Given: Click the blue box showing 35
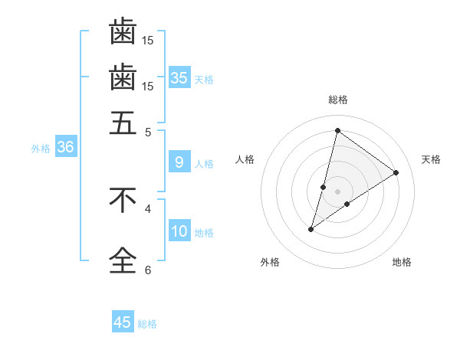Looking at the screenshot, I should point(179,77).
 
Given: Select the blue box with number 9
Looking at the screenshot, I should point(179,162).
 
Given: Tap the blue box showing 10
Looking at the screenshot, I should point(179,231).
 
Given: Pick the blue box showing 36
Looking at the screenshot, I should point(65,148).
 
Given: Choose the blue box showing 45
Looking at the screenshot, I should point(123,322).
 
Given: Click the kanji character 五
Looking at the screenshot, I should point(123,122).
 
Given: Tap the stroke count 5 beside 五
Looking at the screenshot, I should point(149,132).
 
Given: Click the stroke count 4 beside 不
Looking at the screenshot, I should point(148,208).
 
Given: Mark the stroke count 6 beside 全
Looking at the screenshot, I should point(148,269).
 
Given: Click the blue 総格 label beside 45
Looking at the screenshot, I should point(147,324).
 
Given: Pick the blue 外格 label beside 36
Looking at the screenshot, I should point(40,149).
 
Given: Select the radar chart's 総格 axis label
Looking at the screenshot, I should point(338,100).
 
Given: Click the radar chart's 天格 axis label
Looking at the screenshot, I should point(431,159).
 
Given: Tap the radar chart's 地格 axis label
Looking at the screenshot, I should point(402,262).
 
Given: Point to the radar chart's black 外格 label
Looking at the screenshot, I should point(270,262).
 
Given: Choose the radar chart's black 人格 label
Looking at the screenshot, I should point(245,159).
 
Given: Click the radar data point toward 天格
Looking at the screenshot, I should point(396,173).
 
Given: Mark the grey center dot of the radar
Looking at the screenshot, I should point(338,191).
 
